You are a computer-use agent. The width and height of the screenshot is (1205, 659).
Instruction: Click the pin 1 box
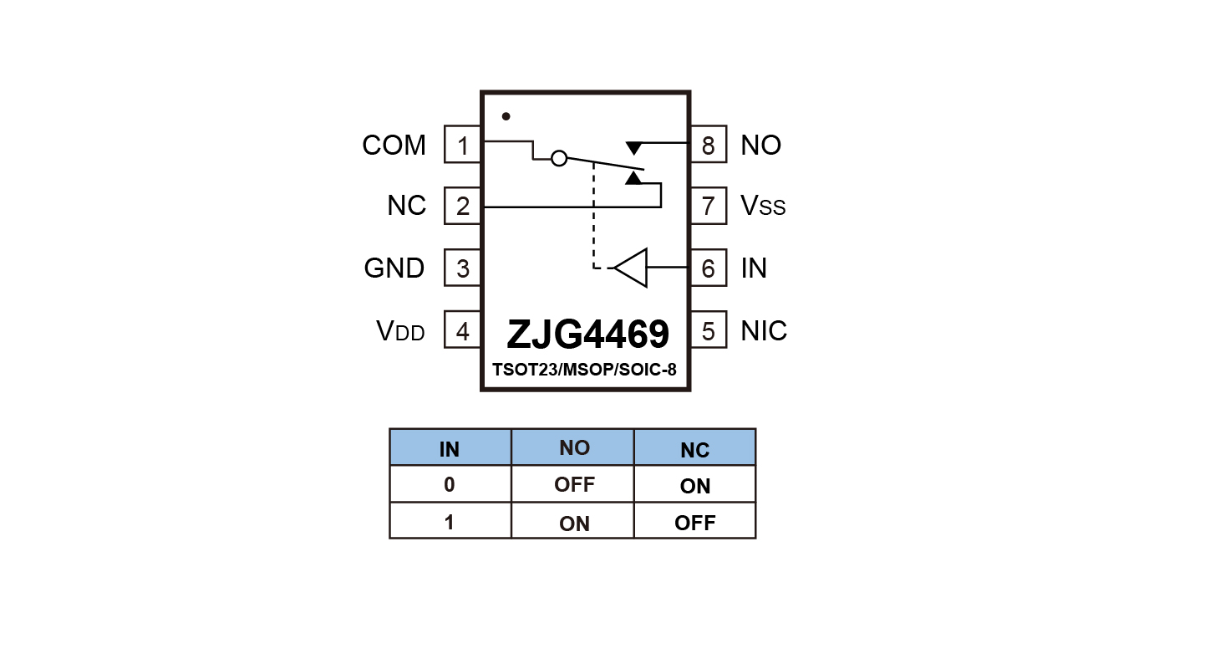tap(463, 145)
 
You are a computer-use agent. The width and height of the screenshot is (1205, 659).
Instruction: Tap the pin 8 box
tap(708, 145)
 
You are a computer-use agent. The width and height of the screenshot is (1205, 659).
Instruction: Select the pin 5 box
tap(708, 329)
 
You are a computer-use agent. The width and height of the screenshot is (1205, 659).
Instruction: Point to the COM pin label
tap(394, 145)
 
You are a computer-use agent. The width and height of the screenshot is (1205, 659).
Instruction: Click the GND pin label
tap(394, 268)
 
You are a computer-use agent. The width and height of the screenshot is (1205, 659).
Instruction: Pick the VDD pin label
tap(400, 330)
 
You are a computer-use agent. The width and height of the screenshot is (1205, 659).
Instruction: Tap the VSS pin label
tap(763, 205)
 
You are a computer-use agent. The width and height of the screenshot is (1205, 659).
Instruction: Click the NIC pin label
tap(763, 330)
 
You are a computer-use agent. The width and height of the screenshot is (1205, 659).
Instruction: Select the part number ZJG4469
tap(588, 335)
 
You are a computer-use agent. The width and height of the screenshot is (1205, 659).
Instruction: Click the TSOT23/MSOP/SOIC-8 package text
tap(584, 370)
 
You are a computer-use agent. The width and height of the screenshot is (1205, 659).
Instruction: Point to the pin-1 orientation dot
tap(506, 116)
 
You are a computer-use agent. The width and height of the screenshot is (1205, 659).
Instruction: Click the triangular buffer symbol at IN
tap(630, 268)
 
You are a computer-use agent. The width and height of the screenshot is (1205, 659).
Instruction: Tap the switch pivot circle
tap(560, 159)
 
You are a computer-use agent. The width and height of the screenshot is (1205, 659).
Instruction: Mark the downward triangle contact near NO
tap(634, 148)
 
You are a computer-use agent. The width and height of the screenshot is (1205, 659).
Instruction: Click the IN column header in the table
tap(450, 447)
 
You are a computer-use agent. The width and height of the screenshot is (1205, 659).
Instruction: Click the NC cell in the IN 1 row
tap(695, 521)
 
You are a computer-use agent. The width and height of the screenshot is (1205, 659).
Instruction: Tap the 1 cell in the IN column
tap(450, 521)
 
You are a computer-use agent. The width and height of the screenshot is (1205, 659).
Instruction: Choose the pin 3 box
tap(463, 268)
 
